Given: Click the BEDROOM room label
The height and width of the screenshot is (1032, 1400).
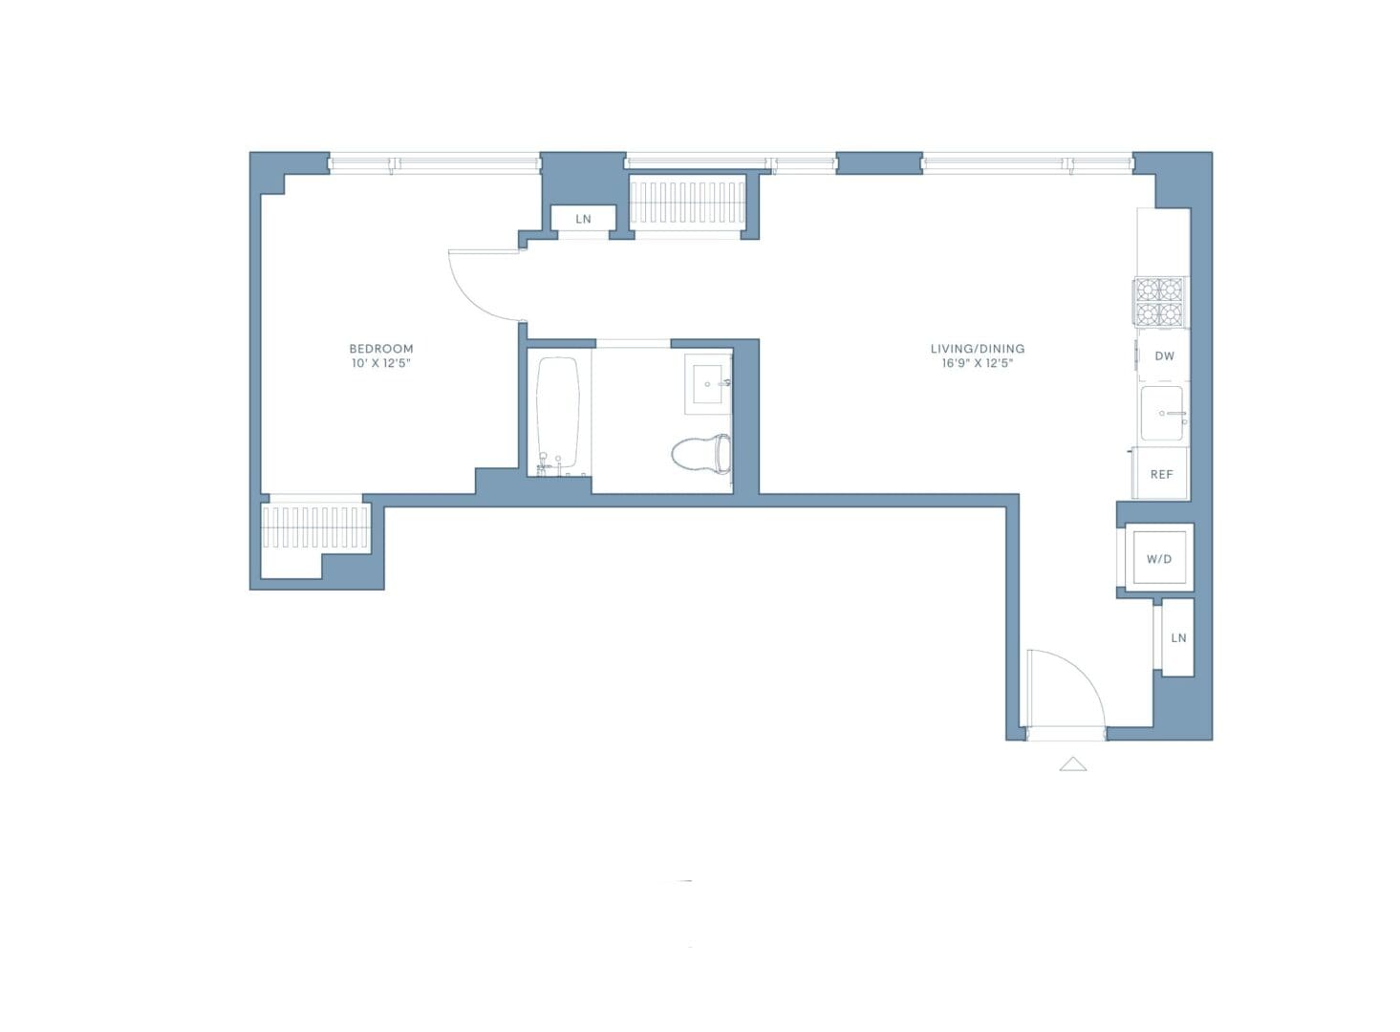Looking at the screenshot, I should coord(380,349).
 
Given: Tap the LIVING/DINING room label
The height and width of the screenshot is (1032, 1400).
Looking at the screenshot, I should coord(977,349).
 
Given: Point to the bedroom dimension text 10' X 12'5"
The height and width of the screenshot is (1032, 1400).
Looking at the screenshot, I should coord(380,363).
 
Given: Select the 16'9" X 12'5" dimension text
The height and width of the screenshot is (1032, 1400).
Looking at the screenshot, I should coord(977,363).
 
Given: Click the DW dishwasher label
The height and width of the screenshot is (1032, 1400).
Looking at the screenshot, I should coord(1164,356).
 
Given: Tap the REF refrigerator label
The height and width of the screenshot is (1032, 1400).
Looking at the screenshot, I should coord(1161,474).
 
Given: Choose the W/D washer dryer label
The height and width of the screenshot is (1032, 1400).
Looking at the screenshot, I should coord(1158,559).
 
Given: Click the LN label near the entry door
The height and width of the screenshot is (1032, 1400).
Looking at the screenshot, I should coord(1178,637).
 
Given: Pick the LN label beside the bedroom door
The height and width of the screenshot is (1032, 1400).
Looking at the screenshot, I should coord(583,219).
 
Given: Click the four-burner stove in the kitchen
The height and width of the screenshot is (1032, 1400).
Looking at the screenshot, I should coord(1160,302).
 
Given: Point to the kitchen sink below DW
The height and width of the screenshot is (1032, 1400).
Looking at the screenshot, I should coord(1163,414).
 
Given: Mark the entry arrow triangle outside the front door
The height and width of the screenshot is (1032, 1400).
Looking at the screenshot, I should coord(1073,763).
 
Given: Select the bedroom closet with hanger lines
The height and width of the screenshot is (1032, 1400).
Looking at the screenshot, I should coord(315,527).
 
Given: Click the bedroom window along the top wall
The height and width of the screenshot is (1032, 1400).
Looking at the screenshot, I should coord(435,164).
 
